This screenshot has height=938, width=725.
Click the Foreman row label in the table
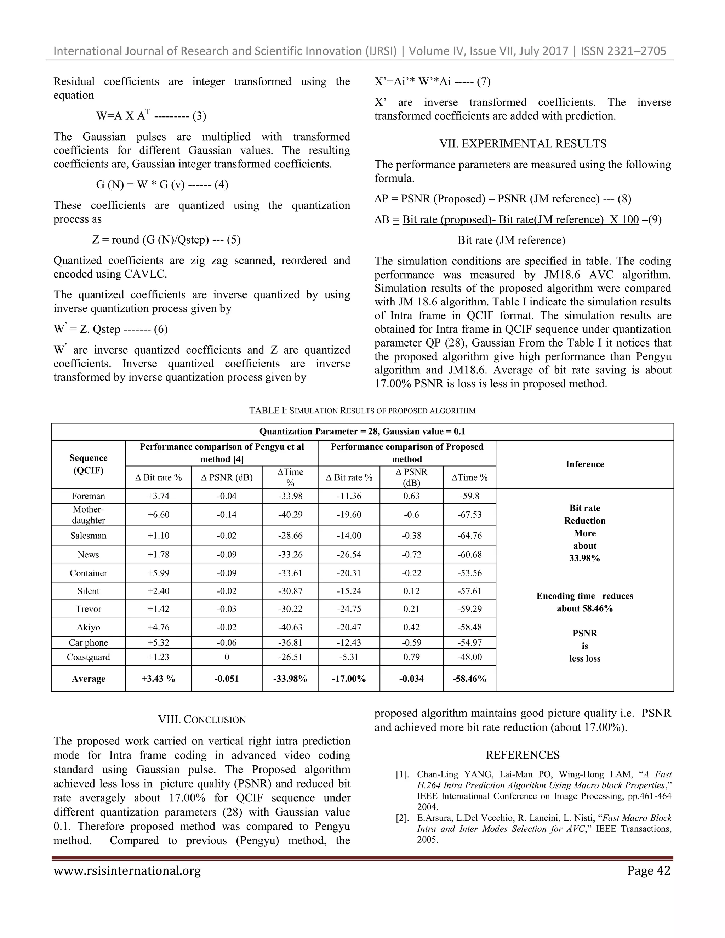click(x=88, y=496)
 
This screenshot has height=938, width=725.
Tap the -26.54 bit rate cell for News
click(x=349, y=554)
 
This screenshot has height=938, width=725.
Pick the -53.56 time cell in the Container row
click(x=469, y=573)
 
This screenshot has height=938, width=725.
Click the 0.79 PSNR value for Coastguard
click(x=411, y=657)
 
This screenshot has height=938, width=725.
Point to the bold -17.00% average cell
click(x=349, y=679)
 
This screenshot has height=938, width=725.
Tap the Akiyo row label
click(x=88, y=627)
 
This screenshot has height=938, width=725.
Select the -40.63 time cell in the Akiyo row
click(x=290, y=627)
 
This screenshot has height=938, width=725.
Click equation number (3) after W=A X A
click(x=199, y=116)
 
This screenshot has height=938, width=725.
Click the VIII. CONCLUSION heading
click(x=201, y=720)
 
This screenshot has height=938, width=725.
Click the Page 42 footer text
click(x=648, y=871)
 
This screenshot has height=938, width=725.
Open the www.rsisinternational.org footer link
click(x=127, y=871)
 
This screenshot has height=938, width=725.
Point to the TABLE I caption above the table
click(x=362, y=411)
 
